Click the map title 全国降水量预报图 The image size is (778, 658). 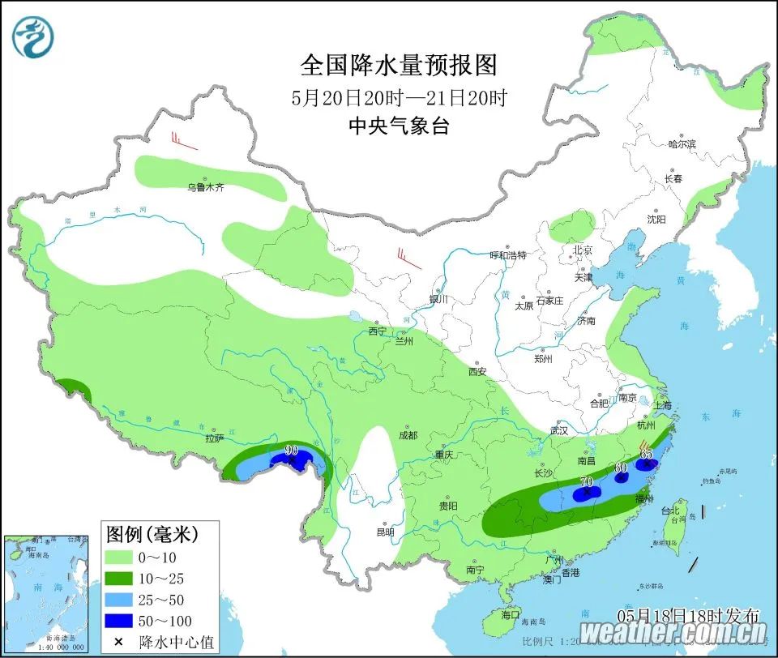399,64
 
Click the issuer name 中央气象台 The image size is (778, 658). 399,126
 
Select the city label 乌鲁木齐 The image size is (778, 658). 205,187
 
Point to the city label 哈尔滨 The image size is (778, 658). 682,144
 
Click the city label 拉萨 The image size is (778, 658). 214,438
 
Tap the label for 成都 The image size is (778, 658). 407,435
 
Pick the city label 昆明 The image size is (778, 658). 385,532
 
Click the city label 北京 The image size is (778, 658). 583,250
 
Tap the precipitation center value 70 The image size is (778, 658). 587,481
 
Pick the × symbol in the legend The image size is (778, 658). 119,642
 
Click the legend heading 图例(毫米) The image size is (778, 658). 152,535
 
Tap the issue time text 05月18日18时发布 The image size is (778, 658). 688,614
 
